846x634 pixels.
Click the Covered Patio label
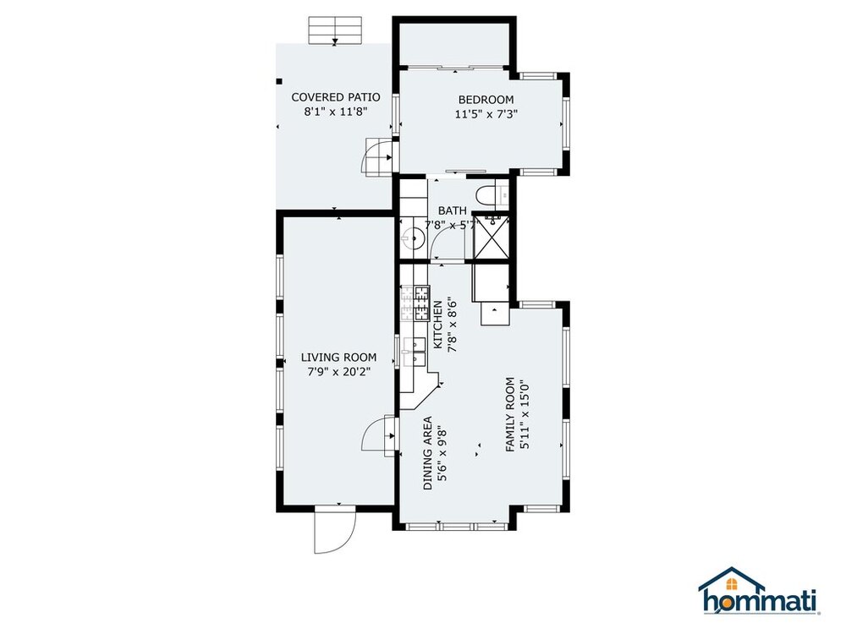336,97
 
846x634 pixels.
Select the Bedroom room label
486,100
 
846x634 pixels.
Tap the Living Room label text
339,357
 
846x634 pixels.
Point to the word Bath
452,210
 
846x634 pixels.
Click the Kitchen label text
437,325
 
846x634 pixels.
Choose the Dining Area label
427,453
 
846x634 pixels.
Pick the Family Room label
510,414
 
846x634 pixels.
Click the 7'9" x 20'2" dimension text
339,371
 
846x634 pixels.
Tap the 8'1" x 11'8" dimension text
336,112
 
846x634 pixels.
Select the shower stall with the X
490,238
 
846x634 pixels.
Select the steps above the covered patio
334,30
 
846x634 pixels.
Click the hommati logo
759,591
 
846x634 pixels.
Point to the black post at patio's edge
279,81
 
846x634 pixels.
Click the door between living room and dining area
380,437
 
